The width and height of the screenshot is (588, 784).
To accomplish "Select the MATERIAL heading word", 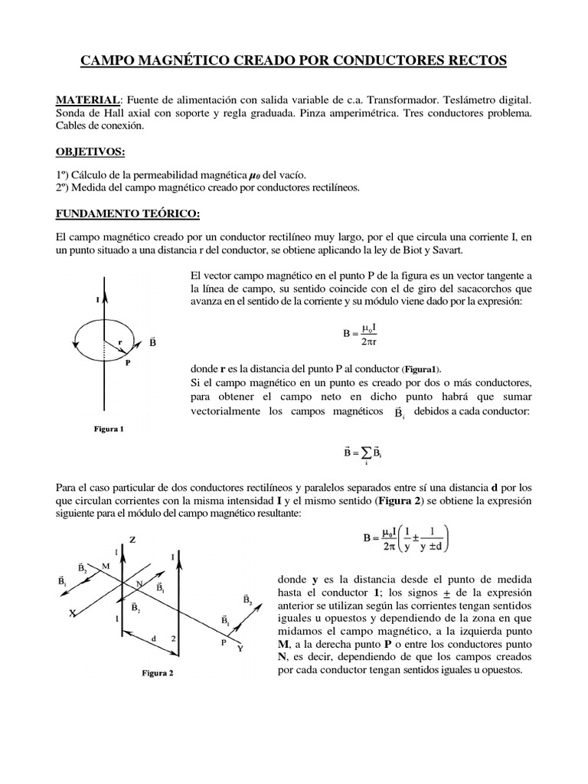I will click(87, 101).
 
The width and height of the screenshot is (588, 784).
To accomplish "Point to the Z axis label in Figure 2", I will click(132, 539).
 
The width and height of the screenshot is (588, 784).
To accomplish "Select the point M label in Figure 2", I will click(105, 565).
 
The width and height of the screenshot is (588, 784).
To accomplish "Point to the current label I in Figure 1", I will click(97, 300).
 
